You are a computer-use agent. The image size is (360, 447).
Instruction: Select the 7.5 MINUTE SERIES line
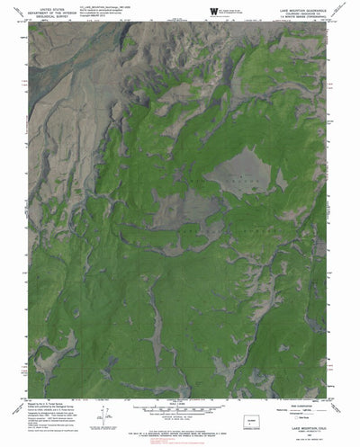point(301,16)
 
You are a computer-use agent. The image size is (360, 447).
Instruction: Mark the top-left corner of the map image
point(30,23)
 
